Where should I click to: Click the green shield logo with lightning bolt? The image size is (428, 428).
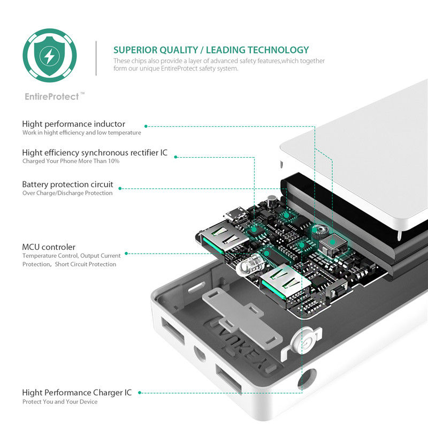(49, 55)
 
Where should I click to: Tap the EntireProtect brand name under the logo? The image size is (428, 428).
(52, 97)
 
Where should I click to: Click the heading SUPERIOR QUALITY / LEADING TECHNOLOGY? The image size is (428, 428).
(211, 50)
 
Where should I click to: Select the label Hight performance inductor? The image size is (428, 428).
(74, 124)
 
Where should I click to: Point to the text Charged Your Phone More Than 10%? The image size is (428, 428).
(71, 161)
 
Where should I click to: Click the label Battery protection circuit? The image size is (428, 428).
(67, 185)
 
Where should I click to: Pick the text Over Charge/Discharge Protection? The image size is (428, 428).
(67, 193)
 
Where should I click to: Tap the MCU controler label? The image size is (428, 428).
(49, 247)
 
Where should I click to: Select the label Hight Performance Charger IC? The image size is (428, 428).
(77, 393)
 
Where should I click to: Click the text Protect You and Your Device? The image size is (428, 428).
(60, 402)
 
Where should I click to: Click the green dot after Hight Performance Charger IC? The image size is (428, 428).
(140, 393)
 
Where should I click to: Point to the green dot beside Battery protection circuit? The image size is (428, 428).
(120, 188)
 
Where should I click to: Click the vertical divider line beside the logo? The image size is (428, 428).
(96, 58)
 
